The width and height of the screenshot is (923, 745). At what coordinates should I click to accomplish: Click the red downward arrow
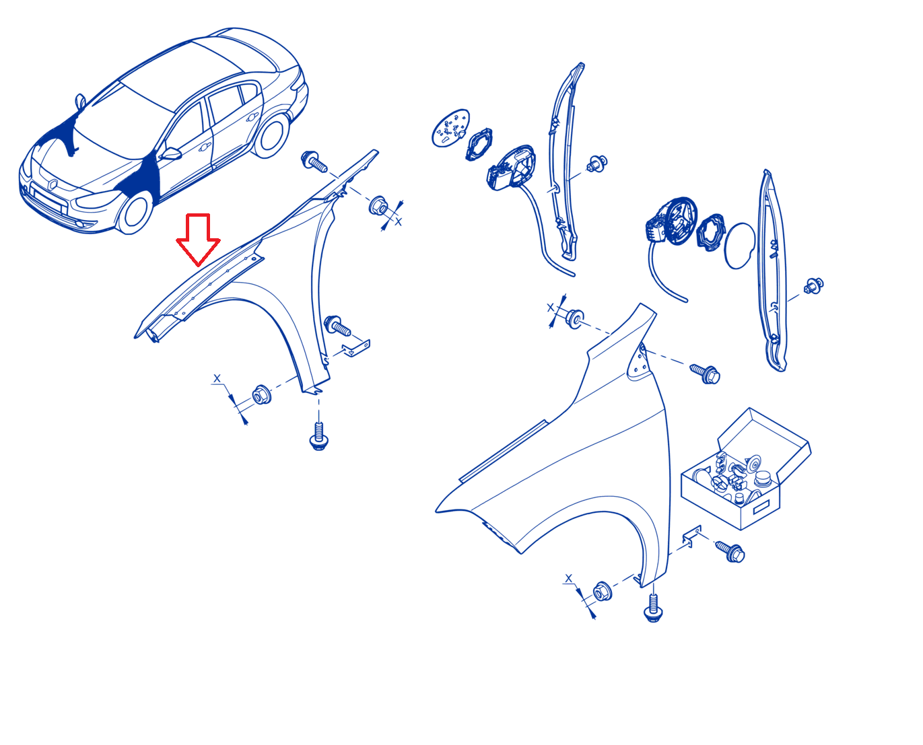coord(198,239)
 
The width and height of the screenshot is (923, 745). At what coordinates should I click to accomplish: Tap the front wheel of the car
coord(135,212)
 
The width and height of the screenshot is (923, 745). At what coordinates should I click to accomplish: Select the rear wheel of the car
coord(271,135)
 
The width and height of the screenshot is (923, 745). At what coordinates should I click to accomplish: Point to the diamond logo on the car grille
coord(53,185)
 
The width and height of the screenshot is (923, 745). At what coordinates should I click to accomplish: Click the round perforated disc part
coord(450,128)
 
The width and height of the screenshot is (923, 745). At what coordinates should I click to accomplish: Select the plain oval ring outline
coord(740,246)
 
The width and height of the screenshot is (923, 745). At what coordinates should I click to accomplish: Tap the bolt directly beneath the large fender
coord(653,608)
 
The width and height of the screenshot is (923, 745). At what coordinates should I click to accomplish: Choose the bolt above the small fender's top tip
coord(314,161)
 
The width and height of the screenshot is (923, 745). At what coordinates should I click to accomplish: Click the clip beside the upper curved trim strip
coord(596,164)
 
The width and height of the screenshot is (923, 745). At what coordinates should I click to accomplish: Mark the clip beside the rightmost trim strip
coord(813,286)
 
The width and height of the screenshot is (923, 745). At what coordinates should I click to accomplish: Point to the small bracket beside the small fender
coord(357,347)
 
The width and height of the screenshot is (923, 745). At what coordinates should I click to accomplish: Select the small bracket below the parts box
coord(691,536)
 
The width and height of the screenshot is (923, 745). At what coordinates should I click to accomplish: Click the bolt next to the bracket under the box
coord(730,552)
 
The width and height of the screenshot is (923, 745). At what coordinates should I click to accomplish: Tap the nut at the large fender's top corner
coord(574,319)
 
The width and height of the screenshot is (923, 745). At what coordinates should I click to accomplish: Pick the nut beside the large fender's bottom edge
coord(601,592)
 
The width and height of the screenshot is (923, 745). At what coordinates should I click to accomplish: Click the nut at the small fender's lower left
coord(261,394)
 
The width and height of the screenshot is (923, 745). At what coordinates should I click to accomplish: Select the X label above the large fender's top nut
coord(550,308)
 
